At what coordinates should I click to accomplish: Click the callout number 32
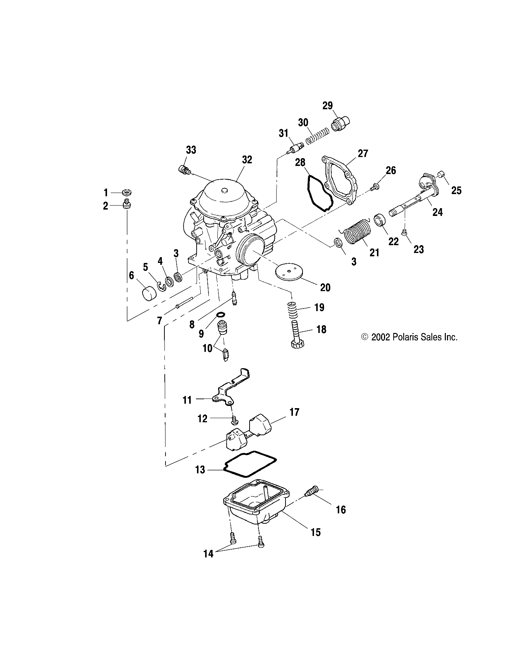247,160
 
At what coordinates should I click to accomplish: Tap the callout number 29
327,106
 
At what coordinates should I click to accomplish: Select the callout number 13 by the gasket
200,470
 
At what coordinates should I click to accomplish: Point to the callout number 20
325,287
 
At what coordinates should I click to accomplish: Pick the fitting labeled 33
184,170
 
